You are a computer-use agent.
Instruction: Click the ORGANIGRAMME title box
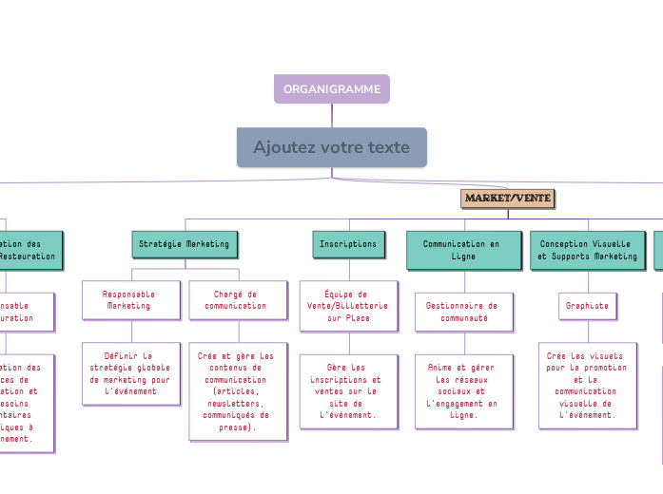click(332, 89)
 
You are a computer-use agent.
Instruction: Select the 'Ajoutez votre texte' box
click(331, 147)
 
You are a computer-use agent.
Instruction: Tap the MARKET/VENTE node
click(507, 198)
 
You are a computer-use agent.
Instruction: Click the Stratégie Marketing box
click(184, 244)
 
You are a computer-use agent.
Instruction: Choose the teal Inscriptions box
click(348, 244)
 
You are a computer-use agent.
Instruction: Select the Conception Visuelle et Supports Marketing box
click(587, 250)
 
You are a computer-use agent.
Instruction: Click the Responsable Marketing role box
click(129, 300)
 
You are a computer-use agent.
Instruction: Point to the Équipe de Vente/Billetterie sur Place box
click(347, 306)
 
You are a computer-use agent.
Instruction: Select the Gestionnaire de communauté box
click(463, 312)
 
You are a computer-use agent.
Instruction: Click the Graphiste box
click(587, 306)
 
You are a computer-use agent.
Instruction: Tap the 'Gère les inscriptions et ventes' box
click(347, 390)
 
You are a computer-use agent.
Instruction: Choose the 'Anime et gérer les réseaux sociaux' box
click(463, 390)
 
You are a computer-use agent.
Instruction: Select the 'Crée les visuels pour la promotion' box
click(587, 385)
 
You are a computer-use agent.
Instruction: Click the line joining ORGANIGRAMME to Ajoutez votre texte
click(332, 115)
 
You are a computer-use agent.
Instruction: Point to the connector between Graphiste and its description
click(588, 331)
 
